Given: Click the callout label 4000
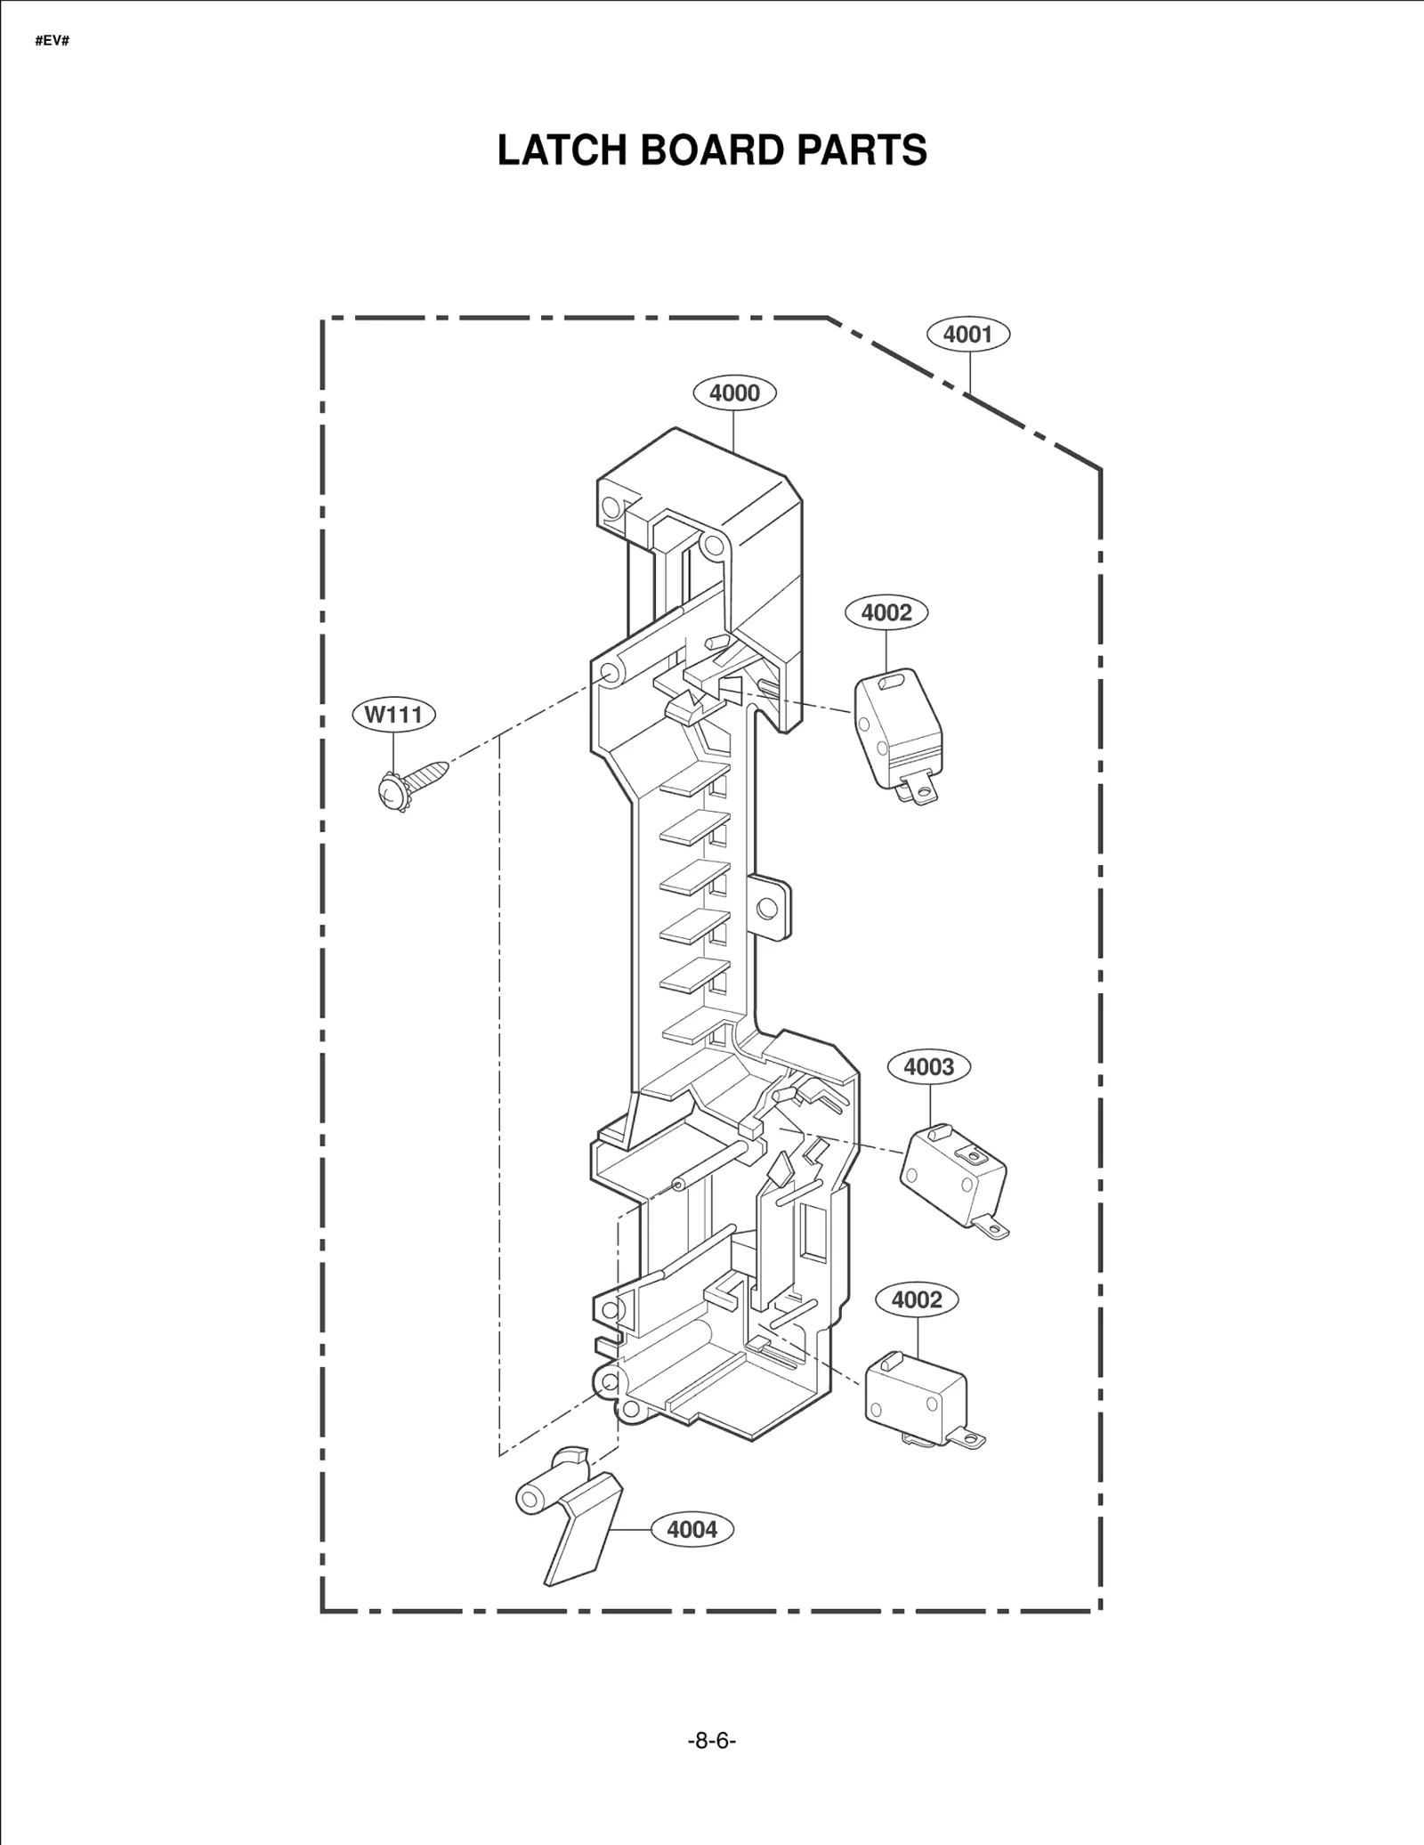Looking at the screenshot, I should [x=734, y=392].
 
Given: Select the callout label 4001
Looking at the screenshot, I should [x=967, y=334].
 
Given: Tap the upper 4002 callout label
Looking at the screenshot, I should [x=886, y=612].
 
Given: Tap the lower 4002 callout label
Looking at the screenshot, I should [x=917, y=1299].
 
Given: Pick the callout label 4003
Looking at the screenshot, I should [x=929, y=1066].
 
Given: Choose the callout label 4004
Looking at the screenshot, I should [x=692, y=1529].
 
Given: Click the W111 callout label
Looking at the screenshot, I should [x=393, y=714].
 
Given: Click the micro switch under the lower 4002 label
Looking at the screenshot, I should [x=915, y=1396].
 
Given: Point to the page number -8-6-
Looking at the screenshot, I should [x=712, y=1740].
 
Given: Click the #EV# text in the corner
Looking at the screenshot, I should [x=53, y=42].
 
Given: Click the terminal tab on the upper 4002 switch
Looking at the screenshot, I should [x=922, y=789].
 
